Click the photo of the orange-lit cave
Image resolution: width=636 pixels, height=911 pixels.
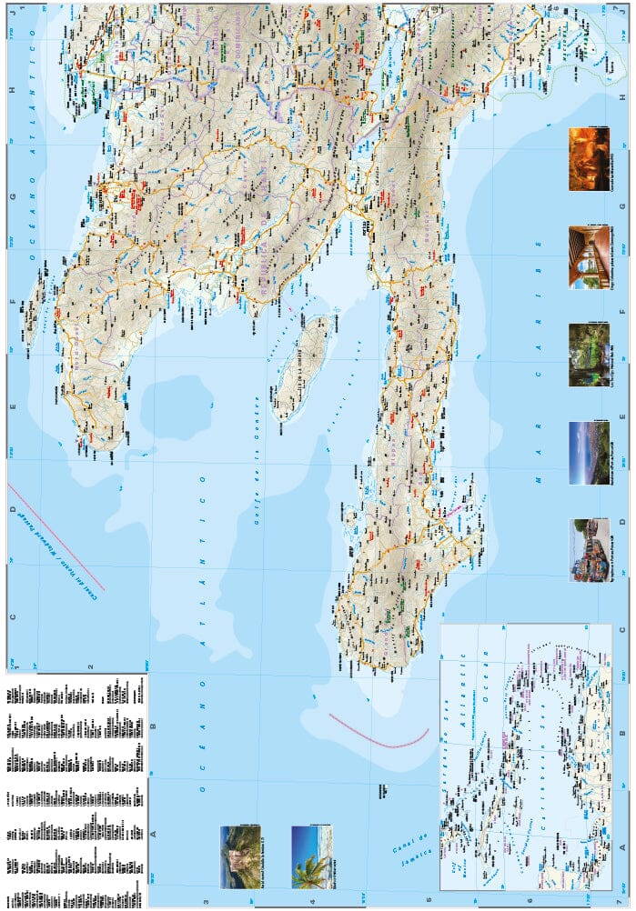pos(589,159)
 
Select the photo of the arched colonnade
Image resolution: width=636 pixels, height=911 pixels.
pos(589,257)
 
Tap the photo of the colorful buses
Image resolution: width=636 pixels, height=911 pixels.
pos(589,549)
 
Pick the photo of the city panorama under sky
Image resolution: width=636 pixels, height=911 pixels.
pos(589,452)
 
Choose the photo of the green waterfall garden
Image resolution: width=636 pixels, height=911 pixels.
pos(589,355)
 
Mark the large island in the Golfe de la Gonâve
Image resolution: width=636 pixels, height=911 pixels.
pos(300,368)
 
